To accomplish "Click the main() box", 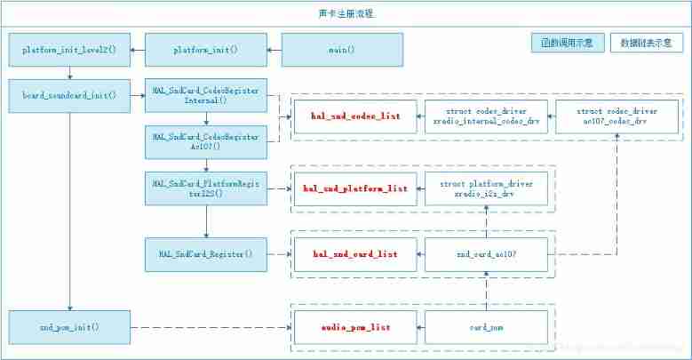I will tap(342, 50).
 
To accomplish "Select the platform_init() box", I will tap(206, 50).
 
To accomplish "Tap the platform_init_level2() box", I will tap(69, 50).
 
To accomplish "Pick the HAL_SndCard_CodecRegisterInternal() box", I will tap(206, 95).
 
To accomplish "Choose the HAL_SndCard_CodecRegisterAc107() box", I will tap(206, 141).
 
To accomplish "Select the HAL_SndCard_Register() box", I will tap(206, 254).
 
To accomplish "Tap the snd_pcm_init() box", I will tap(69, 327).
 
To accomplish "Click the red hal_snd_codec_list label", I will tap(355, 116).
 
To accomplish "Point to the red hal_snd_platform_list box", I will tap(355, 188).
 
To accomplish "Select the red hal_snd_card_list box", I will tap(355, 254).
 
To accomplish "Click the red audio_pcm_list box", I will tap(355, 327).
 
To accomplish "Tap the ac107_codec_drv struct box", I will tap(617, 116).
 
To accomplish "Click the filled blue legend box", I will tap(569, 43).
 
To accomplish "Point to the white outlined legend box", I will tap(646, 43).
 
